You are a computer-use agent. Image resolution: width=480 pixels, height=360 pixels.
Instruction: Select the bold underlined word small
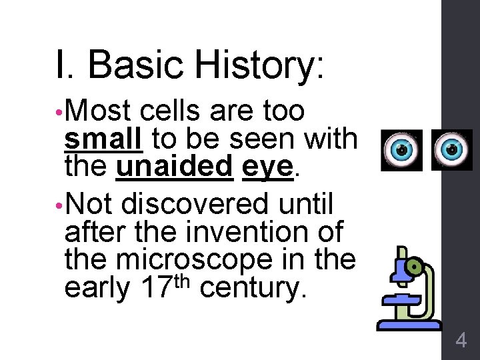(x=104, y=139)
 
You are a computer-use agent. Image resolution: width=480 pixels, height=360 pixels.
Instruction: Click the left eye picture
(x=402, y=149)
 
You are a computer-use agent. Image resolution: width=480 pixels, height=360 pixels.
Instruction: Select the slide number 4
(x=461, y=341)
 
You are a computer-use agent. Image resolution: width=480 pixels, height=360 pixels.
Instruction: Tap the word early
(x=97, y=289)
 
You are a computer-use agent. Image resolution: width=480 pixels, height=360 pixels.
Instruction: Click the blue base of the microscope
(x=409, y=325)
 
